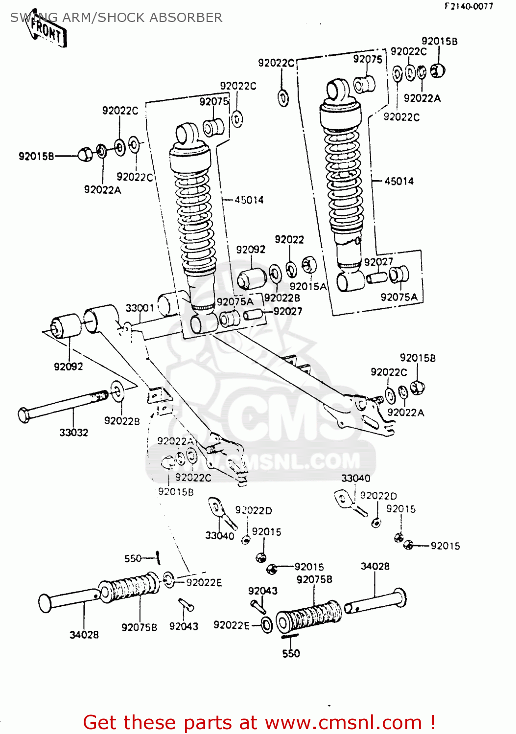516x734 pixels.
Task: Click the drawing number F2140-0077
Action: tap(469, 6)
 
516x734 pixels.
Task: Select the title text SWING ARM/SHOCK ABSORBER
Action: tap(116, 18)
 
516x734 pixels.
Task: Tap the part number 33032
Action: tap(73, 433)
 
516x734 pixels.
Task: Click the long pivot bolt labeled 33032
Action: tap(64, 405)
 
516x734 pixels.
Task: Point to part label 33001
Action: tap(140, 308)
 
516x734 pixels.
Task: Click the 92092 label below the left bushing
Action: tap(68, 367)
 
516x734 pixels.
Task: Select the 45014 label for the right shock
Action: tap(399, 181)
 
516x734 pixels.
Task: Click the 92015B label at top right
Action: tap(439, 42)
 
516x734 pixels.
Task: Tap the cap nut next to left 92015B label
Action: tap(85, 155)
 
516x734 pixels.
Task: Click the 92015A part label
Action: tap(307, 286)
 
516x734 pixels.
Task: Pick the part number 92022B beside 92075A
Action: tap(282, 298)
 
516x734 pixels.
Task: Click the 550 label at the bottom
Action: tap(291, 653)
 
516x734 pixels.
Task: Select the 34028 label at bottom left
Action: tap(84, 635)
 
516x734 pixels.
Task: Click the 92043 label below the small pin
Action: tap(184, 626)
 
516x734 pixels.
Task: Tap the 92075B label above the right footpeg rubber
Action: tap(314, 579)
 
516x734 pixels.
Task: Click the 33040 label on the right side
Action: tap(355, 478)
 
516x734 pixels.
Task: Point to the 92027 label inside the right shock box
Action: tap(378, 262)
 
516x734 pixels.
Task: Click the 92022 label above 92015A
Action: tap(289, 239)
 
